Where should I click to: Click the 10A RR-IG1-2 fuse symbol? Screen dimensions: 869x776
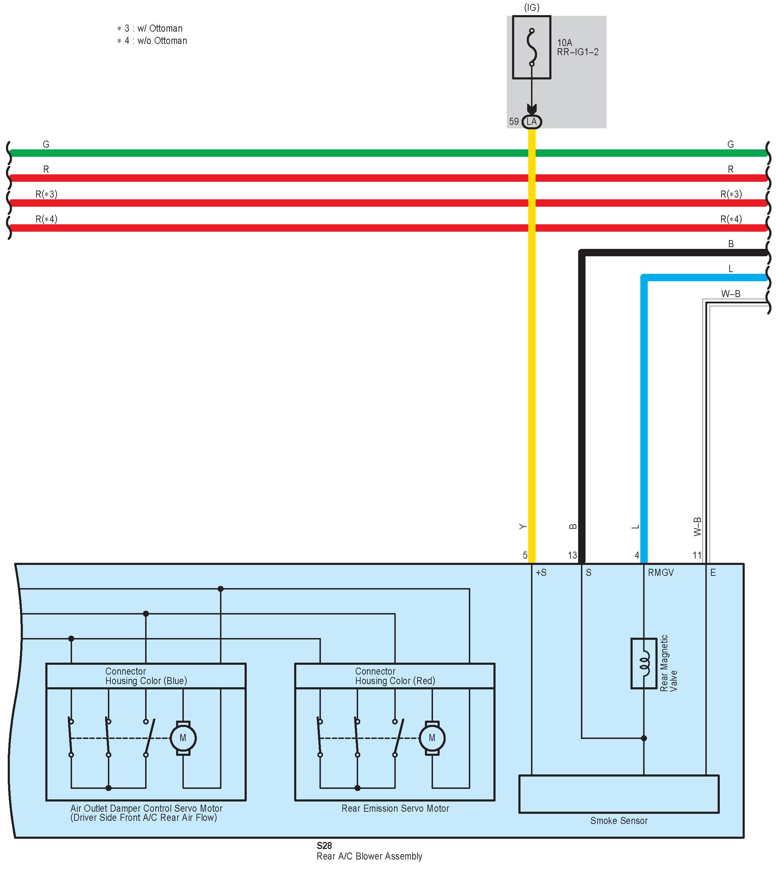[531, 47]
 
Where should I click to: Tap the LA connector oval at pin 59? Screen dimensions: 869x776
[531, 122]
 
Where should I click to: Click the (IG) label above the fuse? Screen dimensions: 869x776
[531, 8]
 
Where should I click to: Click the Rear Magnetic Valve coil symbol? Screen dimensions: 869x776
[644, 663]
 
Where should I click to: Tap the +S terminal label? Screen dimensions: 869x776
[541, 573]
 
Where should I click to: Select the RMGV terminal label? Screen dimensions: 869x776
[660, 573]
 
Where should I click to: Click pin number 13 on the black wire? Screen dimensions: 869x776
[572, 555]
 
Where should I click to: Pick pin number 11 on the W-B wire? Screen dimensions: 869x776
[697, 555]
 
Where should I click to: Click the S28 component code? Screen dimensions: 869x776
[324, 845]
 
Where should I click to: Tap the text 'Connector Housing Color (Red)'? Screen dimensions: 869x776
[395, 676]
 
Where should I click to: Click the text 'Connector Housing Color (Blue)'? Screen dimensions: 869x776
[146, 676]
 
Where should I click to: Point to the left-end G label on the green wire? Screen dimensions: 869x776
[46, 144]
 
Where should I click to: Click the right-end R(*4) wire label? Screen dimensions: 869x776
[731, 219]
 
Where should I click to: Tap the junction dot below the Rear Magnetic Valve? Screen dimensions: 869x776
[644, 738]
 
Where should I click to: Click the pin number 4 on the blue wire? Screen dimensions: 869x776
[637, 555]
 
